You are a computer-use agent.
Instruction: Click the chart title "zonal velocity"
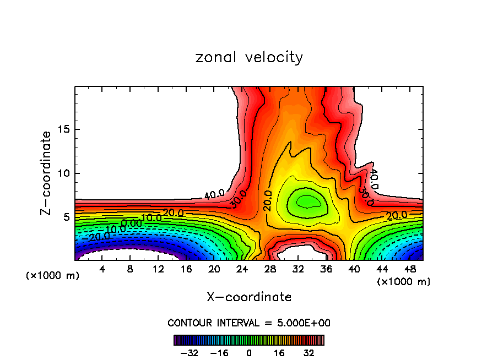249,57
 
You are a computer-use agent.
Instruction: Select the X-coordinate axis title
249,297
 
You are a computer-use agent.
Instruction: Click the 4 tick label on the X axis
102,270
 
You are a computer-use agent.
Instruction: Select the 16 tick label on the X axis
186,270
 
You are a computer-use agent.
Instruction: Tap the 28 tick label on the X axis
269,270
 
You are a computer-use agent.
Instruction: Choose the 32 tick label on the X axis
297,270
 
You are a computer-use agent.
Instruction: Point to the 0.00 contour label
132,223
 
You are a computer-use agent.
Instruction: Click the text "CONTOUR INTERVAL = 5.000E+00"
249,323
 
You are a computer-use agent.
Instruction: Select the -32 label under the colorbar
189,352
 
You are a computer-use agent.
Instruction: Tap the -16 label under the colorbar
219,352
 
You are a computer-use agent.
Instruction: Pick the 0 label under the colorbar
249,352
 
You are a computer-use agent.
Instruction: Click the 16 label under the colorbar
279,352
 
